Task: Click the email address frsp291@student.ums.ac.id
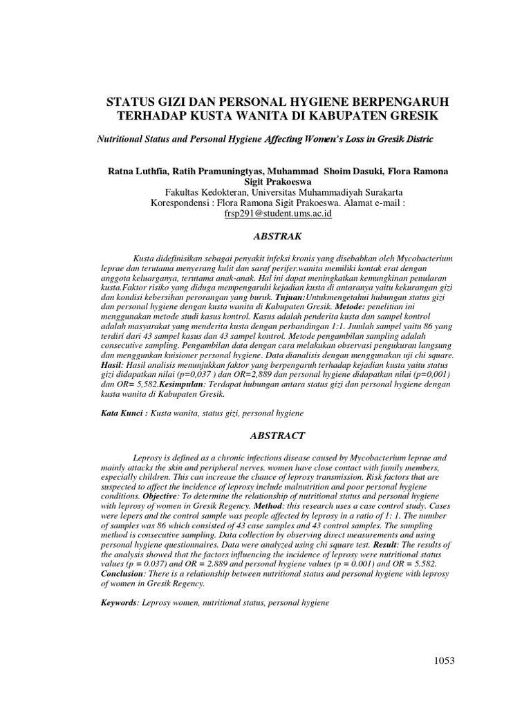coord(277,214)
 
